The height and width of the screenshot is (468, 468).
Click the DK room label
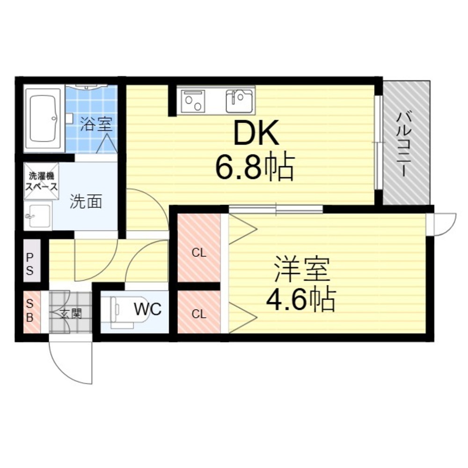256,133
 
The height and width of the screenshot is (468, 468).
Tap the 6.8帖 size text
255,167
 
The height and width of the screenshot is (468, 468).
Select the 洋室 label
302,269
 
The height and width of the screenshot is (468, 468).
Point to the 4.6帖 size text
301,299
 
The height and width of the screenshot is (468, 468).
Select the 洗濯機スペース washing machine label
41,181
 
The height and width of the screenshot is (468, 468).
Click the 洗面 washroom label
86,201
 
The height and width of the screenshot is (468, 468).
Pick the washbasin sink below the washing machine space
38,215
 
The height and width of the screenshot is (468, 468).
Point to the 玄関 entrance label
71,314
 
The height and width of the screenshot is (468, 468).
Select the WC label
148,309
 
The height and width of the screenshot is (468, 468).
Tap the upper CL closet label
199,253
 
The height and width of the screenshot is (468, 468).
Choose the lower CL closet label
199,314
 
